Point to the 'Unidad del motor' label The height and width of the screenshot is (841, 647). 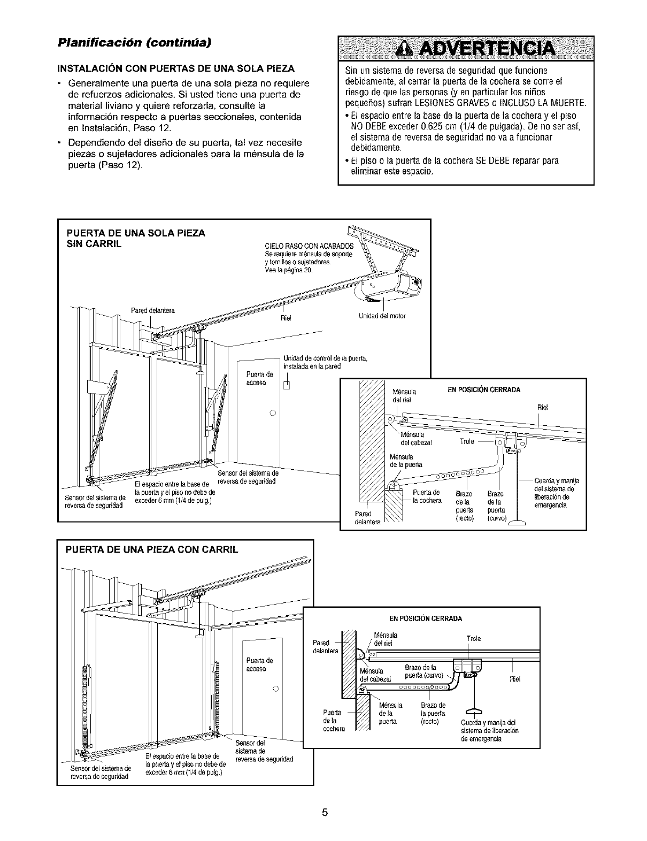coord(382,316)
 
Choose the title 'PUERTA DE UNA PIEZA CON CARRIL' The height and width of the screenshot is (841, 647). coord(151,549)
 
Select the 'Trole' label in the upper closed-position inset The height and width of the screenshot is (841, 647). coord(467,441)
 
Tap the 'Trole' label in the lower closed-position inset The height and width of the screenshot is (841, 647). coord(474,638)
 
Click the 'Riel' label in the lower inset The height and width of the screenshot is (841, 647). coord(515,679)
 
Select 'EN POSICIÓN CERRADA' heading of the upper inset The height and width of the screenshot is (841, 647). coord(483,389)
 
